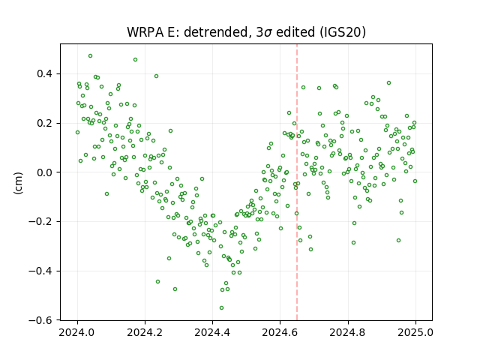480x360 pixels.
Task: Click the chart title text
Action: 246,31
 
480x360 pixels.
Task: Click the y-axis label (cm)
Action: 18,183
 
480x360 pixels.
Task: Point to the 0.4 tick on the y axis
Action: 45,74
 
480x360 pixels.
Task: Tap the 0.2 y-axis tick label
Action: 45,123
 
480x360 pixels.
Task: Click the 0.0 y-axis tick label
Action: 45,172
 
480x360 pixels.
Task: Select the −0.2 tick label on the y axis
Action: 40,222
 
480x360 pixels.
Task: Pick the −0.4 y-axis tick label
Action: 40,271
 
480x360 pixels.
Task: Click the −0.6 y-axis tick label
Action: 40,320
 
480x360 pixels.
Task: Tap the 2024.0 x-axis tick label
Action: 77,332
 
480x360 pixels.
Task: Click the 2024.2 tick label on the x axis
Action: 145,332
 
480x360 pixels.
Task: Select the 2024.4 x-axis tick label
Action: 212,332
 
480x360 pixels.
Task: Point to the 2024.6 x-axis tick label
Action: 280,332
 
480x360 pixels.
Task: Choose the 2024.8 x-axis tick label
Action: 348,332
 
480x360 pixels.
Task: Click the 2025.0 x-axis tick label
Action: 415,332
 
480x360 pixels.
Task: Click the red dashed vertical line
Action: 297,182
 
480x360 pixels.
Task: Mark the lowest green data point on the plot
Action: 222,308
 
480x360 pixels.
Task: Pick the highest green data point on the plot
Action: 90,56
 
